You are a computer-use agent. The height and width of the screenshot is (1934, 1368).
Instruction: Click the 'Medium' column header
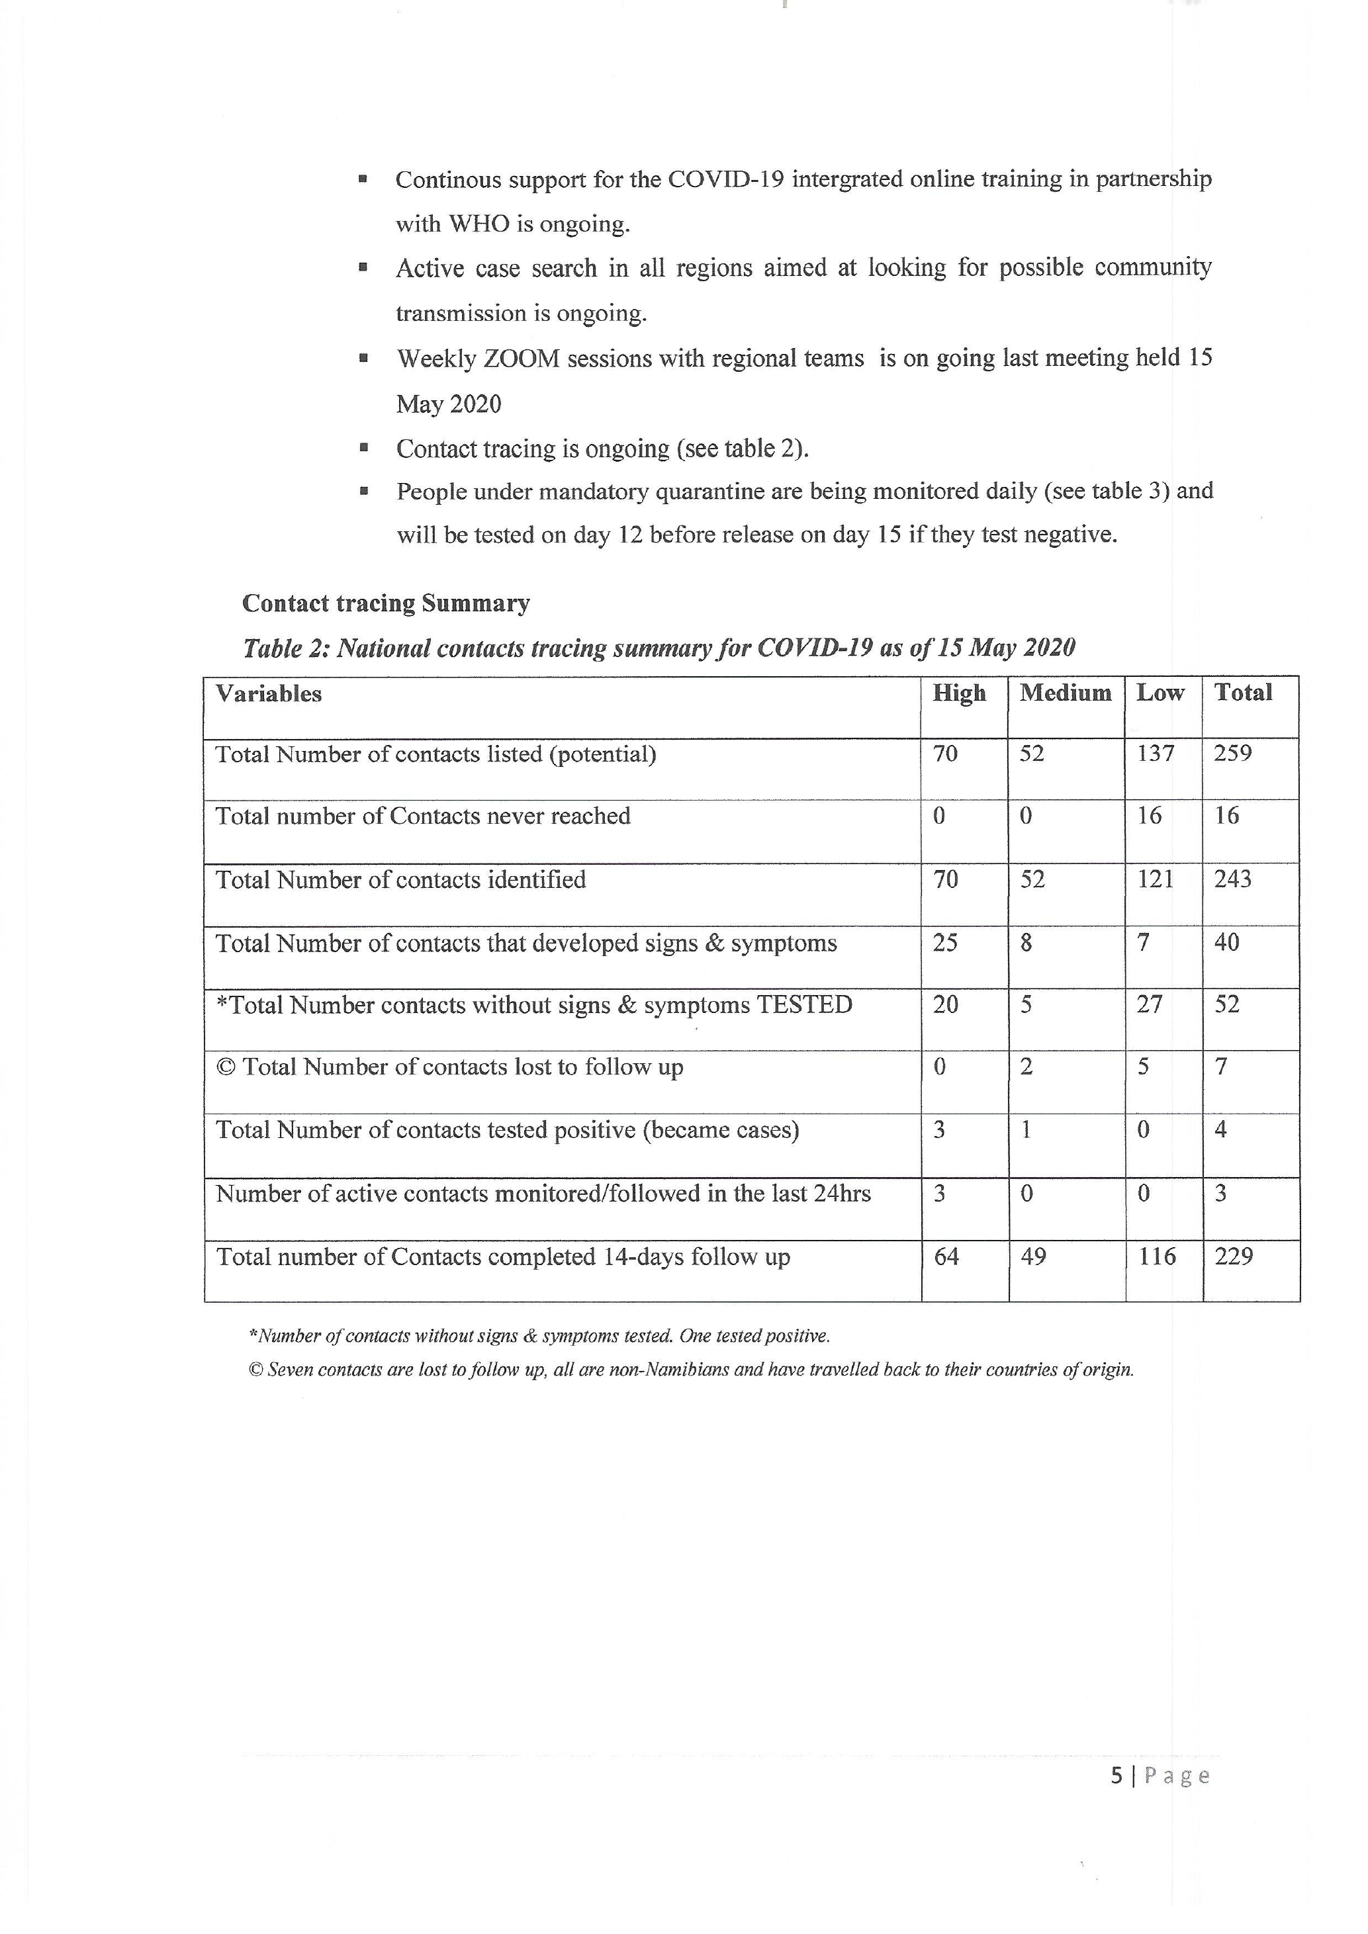pos(1065,693)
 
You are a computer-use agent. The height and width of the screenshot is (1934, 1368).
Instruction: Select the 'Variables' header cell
pos(269,694)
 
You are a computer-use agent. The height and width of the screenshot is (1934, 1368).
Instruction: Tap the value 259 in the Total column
pos(1232,753)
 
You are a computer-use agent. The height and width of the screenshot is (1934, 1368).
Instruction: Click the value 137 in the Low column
pos(1155,753)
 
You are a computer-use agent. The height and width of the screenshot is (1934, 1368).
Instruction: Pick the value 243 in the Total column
pos(1232,879)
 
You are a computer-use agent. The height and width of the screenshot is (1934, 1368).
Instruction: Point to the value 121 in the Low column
pos(1155,879)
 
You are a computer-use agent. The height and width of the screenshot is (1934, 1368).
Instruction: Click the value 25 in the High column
pos(945,943)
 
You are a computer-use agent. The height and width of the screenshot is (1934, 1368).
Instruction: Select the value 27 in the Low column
pos(1149,1005)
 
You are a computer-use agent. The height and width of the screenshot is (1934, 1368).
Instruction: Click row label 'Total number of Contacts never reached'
pos(423,816)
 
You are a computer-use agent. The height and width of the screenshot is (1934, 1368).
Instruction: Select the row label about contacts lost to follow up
pos(450,1067)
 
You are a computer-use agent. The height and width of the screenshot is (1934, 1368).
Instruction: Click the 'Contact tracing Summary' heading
pos(386,603)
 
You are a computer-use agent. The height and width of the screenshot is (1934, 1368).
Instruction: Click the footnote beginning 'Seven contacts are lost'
pos(691,1370)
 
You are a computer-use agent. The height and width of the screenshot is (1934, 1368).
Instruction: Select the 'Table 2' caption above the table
pos(659,648)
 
